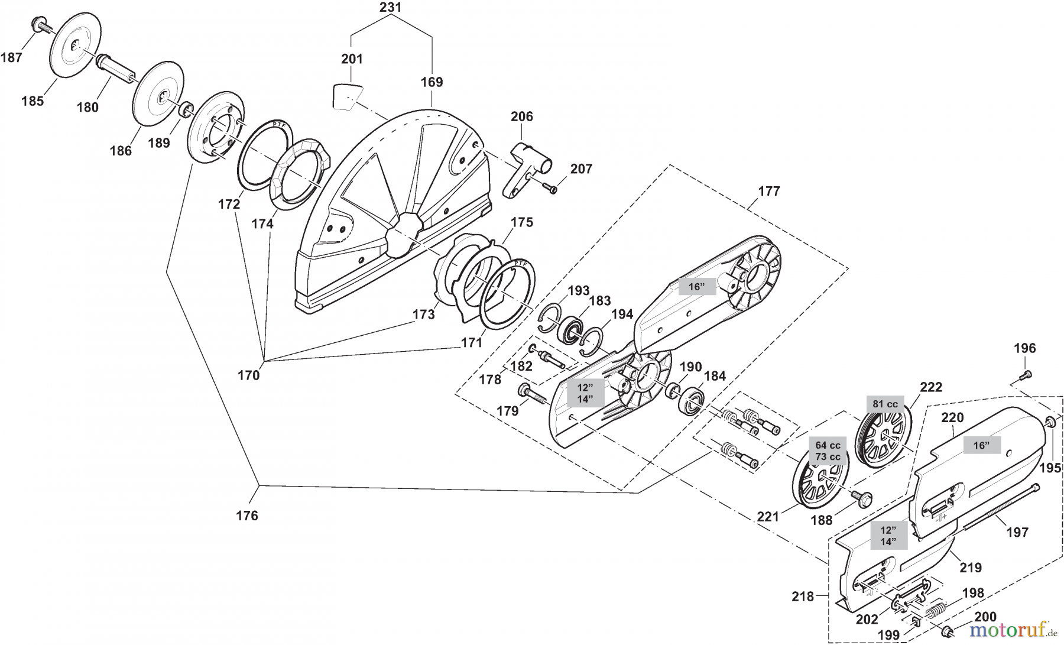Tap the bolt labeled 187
coord(39,25)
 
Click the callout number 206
coord(522,116)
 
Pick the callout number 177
coord(768,191)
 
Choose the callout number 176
coord(247,516)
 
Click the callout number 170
coord(248,375)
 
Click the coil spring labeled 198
coord(936,611)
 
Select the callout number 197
coord(1017,532)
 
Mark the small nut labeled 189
coord(185,109)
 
